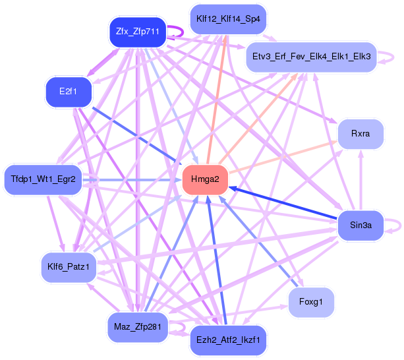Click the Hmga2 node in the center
point(205,179)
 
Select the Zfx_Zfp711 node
point(137,31)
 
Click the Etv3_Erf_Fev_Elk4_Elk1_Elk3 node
point(310,58)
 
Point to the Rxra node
point(360,134)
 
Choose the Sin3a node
point(361,225)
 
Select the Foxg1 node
point(310,302)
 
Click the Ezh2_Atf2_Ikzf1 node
point(228,340)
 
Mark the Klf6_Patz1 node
point(68,267)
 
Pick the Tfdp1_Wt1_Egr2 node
point(43,179)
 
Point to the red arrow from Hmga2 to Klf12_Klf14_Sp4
point(217,99)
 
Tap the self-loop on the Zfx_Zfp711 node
point(177,32)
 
